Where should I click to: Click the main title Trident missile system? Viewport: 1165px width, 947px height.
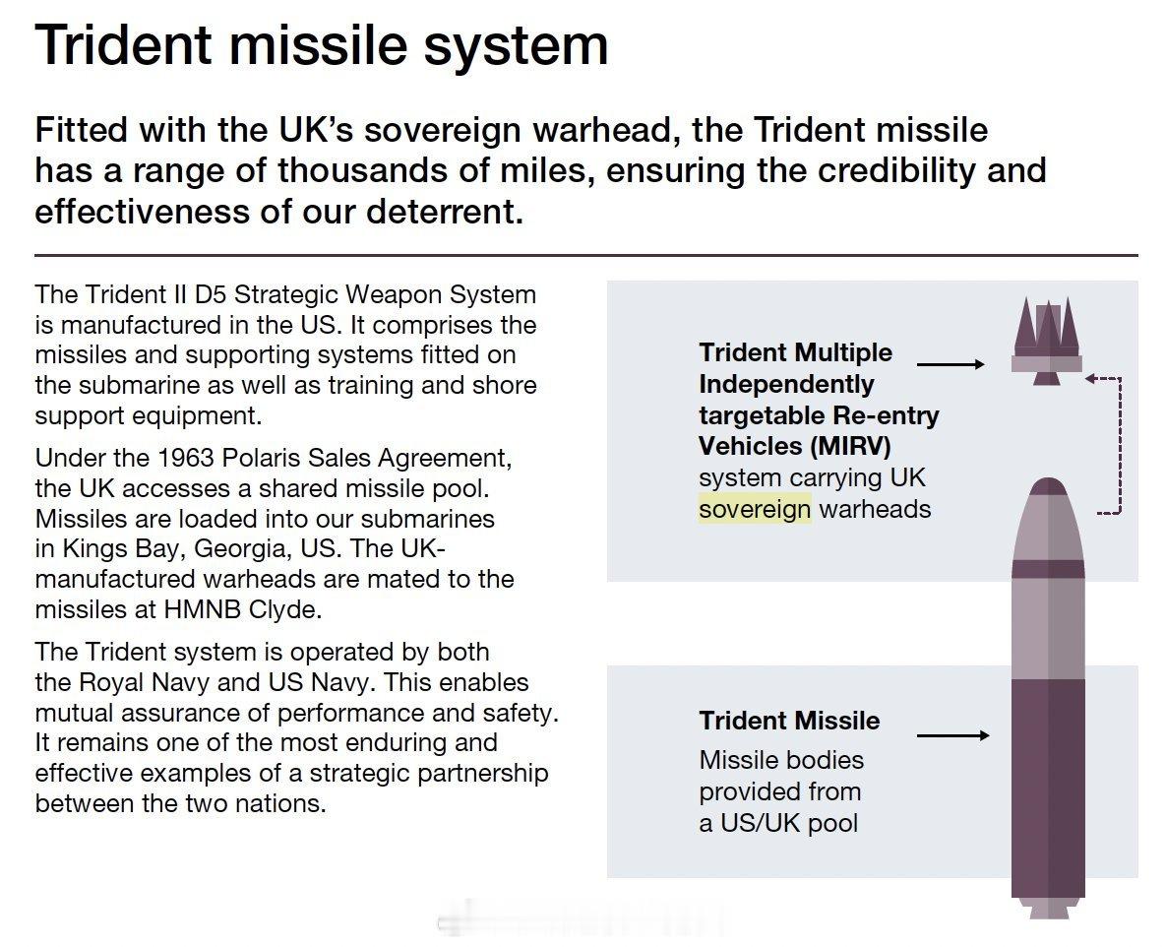pyautogui.click(x=321, y=44)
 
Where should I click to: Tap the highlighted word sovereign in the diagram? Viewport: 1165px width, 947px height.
pyautogui.click(x=755, y=509)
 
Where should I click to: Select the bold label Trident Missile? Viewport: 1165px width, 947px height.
pyautogui.click(x=789, y=721)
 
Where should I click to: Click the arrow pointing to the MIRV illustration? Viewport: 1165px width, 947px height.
pyautogui.click(x=951, y=364)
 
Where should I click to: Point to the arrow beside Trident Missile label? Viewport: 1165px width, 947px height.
pyautogui.click(x=953, y=735)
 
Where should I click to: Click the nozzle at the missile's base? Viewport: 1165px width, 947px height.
pyautogui.click(x=1048, y=909)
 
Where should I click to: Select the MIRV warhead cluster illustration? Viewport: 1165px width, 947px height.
pyautogui.click(x=1047, y=341)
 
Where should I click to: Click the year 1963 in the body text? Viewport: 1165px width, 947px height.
pyautogui.click(x=185, y=458)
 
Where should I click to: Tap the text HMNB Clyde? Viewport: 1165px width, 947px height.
pyautogui.click(x=242, y=609)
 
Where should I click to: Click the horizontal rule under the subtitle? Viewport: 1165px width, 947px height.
pyautogui.click(x=586, y=255)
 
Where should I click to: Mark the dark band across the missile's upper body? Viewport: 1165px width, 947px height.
pyautogui.click(x=1048, y=569)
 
